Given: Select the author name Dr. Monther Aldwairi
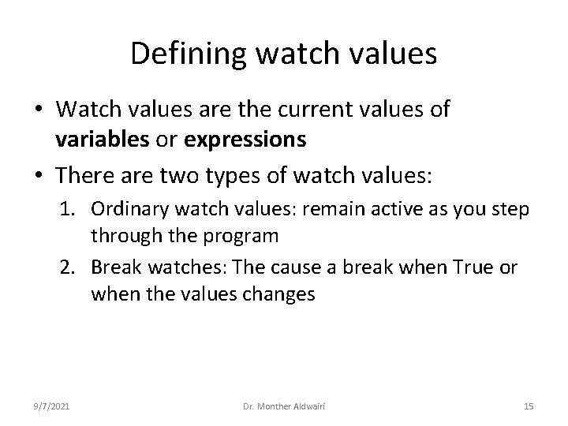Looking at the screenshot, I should pos(284,405).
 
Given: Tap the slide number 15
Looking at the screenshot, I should pos(529,405).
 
